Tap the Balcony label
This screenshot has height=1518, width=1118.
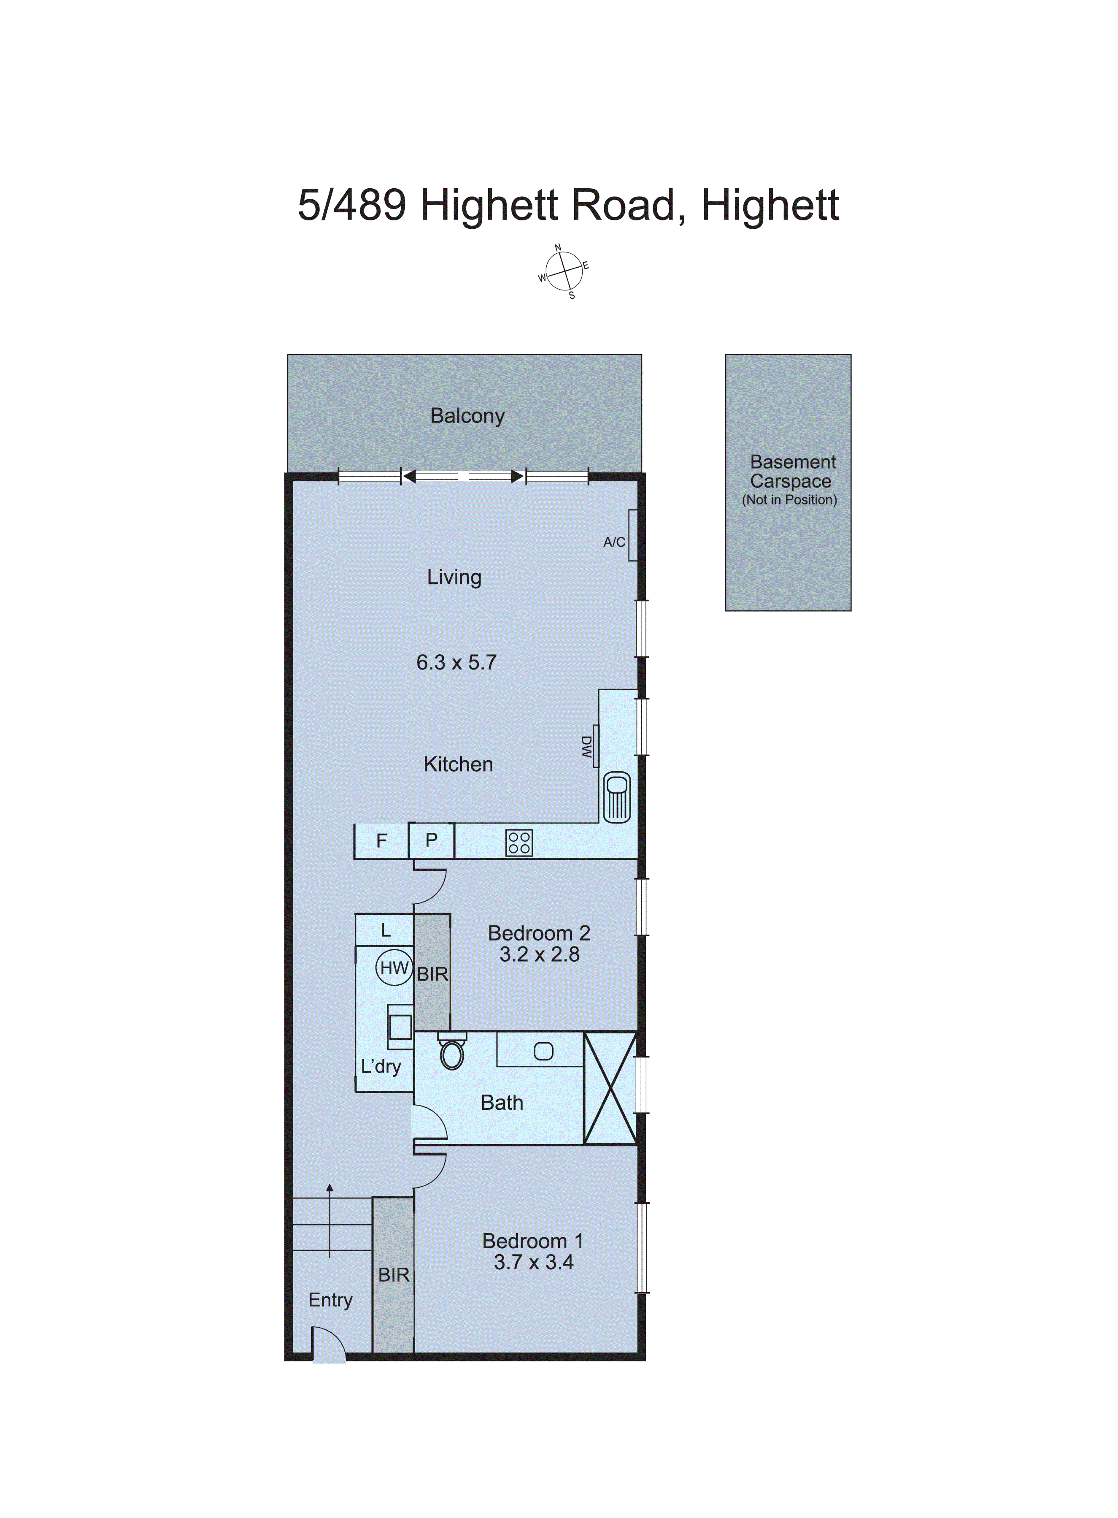tap(467, 416)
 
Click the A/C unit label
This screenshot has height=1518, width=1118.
tap(614, 542)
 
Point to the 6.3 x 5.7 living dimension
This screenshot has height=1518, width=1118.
tap(456, 662)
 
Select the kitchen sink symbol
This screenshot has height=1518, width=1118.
tap(616, 797)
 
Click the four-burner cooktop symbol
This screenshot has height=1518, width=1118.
tap(519, 843)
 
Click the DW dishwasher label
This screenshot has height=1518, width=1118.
tap(587, 748)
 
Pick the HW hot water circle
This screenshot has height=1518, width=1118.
tap(394, 968)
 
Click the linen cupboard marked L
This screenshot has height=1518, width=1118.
tap(385, 930)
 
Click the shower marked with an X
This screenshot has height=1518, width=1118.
tap(610, 1088)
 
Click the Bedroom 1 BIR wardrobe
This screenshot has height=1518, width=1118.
tap(393, 1275)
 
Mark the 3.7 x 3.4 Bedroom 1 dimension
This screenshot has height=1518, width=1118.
tap(533, 1263)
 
